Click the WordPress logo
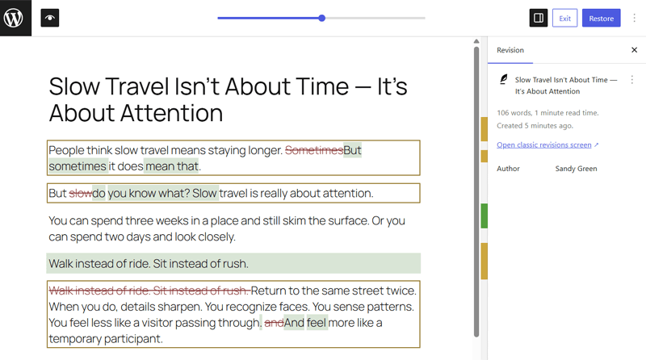(15, 18)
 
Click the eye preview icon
(50, 18)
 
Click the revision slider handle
(322, 18)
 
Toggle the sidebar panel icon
(539, 18)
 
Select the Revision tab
(510, 50)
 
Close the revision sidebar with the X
(634, 50)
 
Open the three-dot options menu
(632, 80)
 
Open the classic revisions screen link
(544, 145)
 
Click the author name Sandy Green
(575, 169)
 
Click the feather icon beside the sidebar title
(503, 80)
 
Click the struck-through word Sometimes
(314, 150)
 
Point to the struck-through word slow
(80, 194)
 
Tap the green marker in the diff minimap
(484, 216)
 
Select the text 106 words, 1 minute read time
(546, 113)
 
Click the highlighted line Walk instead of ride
(149, 264)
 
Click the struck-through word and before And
(274, 323)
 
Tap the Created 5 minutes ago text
(535, 126)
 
